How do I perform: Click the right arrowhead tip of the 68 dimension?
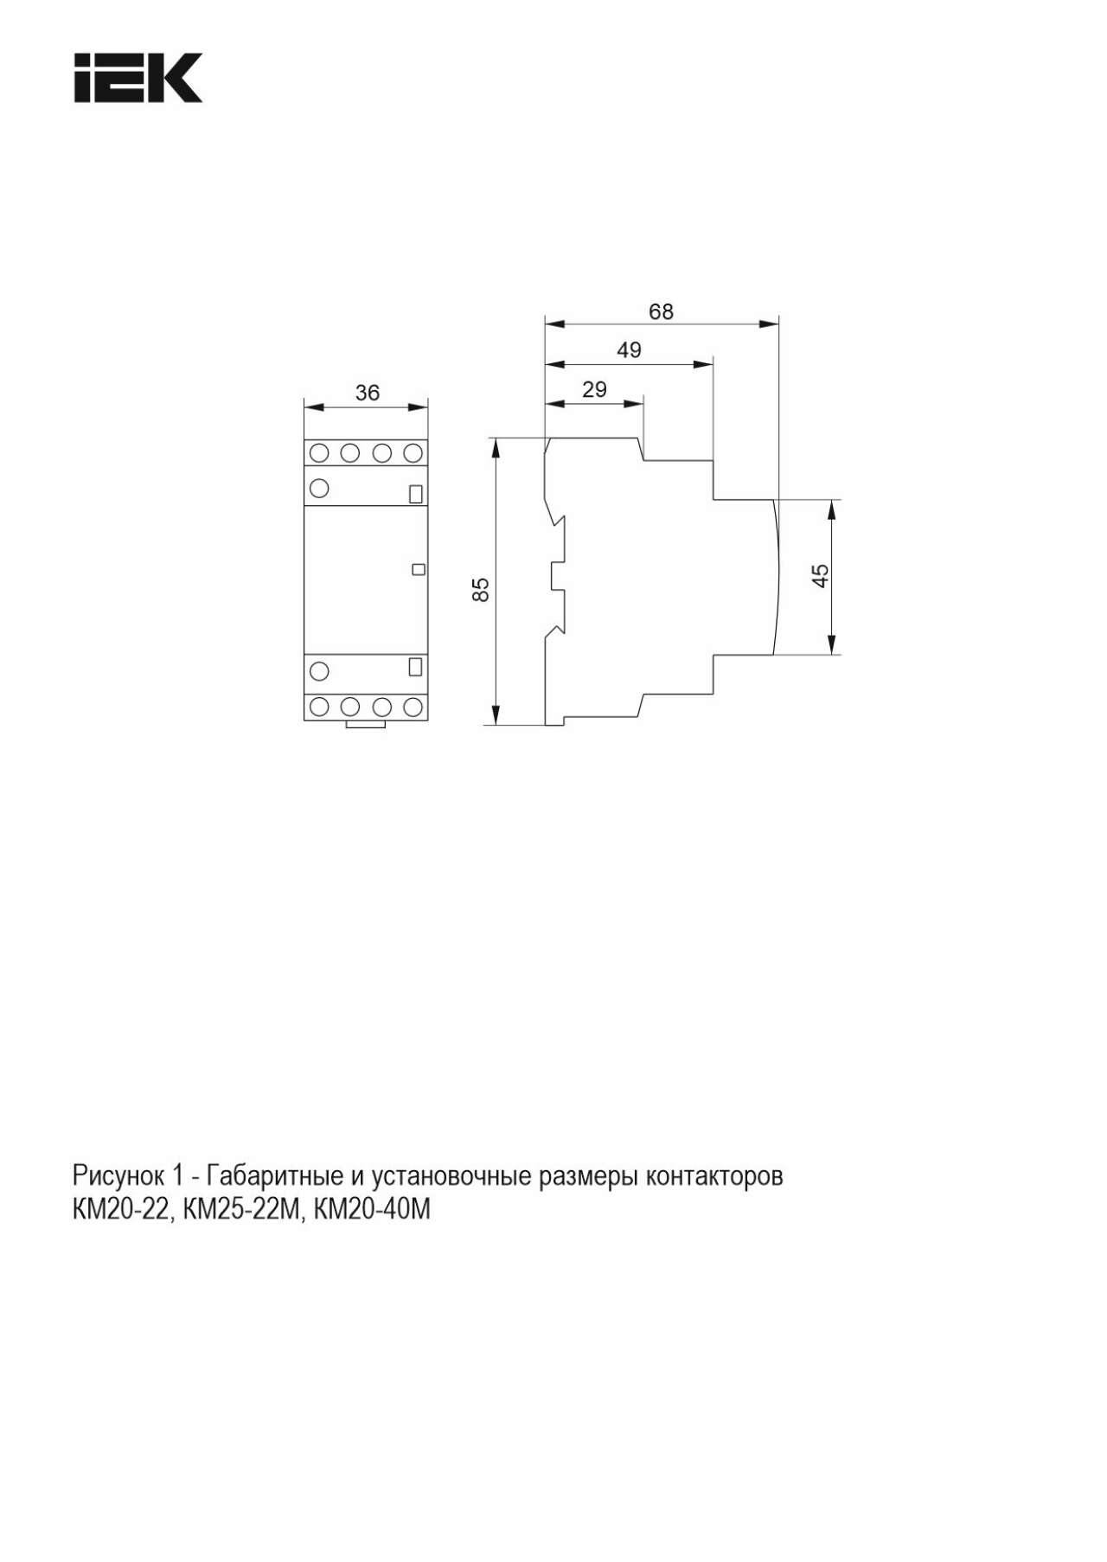pyautogui.click(x=778, y=324)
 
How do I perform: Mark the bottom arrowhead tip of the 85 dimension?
pyautogui.click(x=496, y=725)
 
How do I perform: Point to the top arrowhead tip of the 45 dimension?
pyautogui.click(x=831, y=500)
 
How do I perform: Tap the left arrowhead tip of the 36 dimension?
pyautogui.click(x=304, y=407)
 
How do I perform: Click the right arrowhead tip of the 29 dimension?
pyautogui.click(x=644, y=403)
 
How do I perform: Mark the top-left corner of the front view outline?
pyautogui.click(x=304, y=439)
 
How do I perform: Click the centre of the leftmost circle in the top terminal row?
pyautogui.click(x=319, y=452)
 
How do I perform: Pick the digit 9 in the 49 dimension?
pyautogui.click(x=636, y=350)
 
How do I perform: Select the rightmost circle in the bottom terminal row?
pyautogui.click(x=413, y=707)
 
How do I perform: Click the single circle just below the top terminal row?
pyautogui.click(x=319, y=488)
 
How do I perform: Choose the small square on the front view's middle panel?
pyautogui.click(x=419, y=569)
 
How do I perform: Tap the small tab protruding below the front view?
pyautogui.click(x=365, y=725)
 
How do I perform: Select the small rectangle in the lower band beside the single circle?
pyautogui.click(x=415, y=667)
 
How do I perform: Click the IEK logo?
pyautogui.click(x=138, y=78)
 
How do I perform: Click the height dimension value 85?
pyautogui.click(x=482, y=590)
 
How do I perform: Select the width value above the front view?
pyautogui.click(x=368, y=393)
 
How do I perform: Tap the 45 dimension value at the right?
pyautogui.click(x=821, y=575)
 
